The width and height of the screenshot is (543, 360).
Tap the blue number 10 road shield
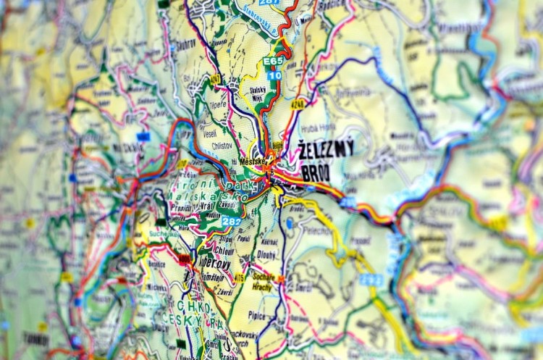point(274,75)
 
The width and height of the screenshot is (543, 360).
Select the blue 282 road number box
point(232,221)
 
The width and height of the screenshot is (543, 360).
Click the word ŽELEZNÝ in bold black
point(326,150)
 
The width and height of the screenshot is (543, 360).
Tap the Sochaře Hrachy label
point(264,282)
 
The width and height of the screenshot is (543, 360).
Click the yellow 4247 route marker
point(215,78)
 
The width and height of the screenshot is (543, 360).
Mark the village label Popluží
point(243,237)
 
